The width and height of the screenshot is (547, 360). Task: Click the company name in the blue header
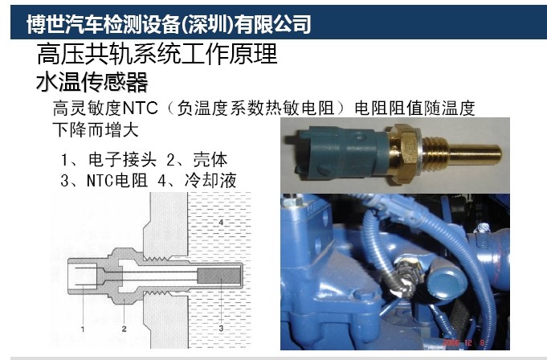click(169, 24)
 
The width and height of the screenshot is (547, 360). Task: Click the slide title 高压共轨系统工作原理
click(157, 54)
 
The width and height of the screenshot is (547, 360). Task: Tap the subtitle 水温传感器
click(92, 82)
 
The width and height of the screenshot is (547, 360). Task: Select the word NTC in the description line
click(141, 108)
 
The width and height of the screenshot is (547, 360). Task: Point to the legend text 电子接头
click(122, 160)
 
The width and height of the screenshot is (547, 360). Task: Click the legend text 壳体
click(210, 160)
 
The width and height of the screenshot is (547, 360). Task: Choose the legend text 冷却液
click(210, 181)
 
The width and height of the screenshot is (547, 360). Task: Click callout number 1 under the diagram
click(83, 329)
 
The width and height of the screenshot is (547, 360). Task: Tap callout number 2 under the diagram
click(125, 329)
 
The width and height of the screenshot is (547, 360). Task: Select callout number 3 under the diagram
click(221, 328)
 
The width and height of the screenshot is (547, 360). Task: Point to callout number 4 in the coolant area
click(220, 223)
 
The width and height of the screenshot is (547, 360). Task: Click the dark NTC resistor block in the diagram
click(218, 276)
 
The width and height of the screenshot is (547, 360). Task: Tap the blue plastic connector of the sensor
click(342, 151)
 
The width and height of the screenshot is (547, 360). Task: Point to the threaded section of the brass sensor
click(435, 153)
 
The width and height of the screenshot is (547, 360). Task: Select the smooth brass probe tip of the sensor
click(476, 153)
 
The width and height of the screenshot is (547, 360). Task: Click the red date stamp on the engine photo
click(463, 342)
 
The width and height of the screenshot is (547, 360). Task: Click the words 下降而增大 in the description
click(96, 130)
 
